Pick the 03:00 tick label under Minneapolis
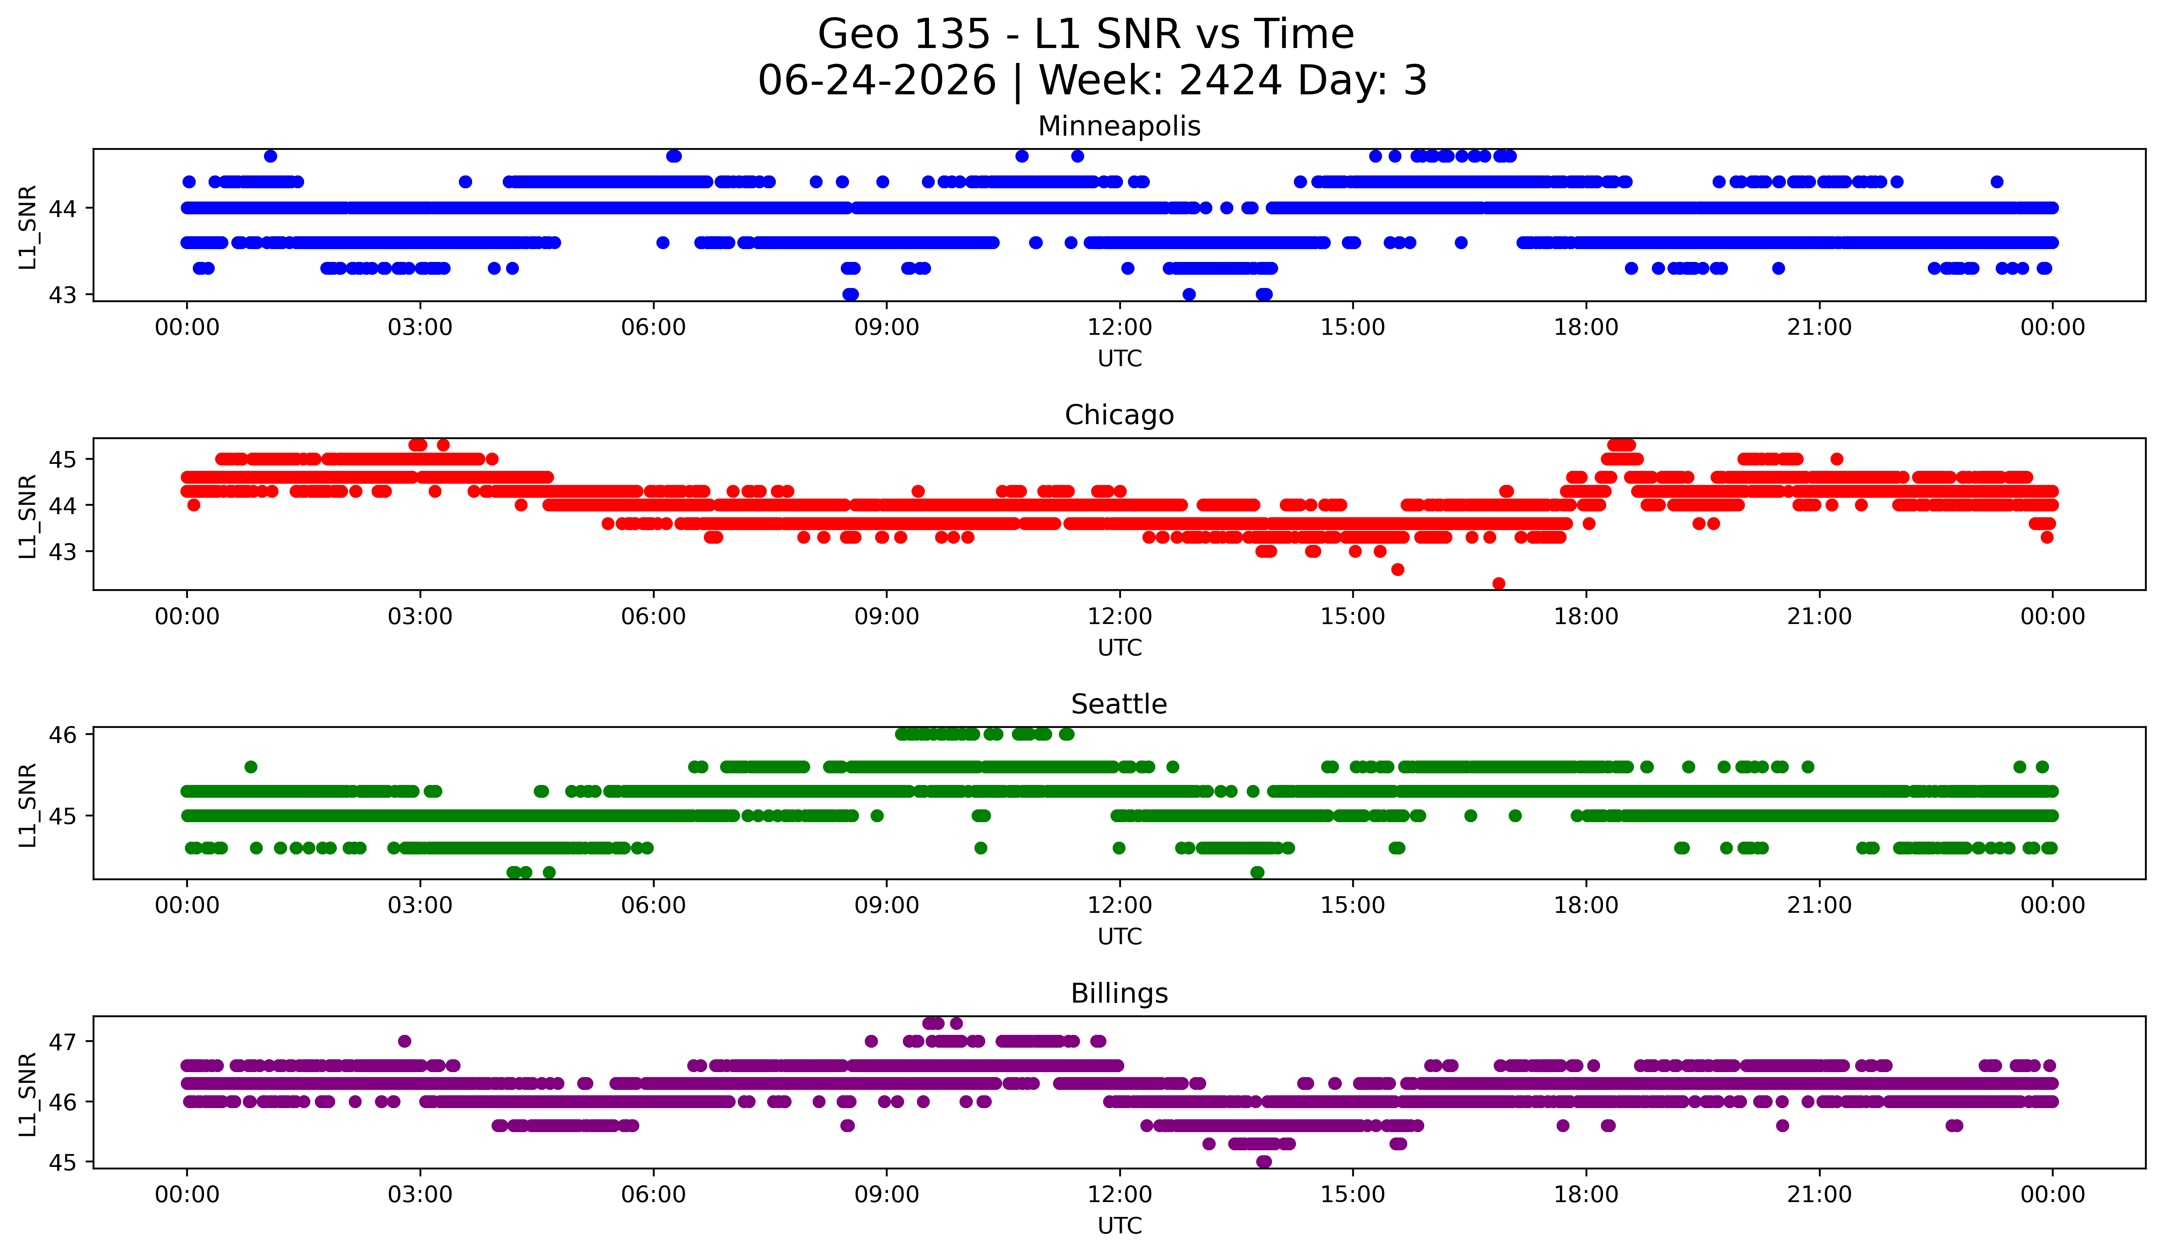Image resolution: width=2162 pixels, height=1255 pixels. (x=420, y=328)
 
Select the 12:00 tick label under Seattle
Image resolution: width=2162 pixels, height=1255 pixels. (x=1120, y=906)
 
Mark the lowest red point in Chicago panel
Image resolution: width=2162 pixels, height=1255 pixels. (x=1499, y=583)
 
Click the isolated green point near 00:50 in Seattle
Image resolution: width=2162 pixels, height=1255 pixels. (x=250, y=767)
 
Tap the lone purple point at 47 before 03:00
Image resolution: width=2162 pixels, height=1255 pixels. (x=405, y=1041)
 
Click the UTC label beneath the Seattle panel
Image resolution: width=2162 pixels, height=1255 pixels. (x=1120, y=937)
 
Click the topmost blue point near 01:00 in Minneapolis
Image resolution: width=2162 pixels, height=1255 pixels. (x=270, y=156)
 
